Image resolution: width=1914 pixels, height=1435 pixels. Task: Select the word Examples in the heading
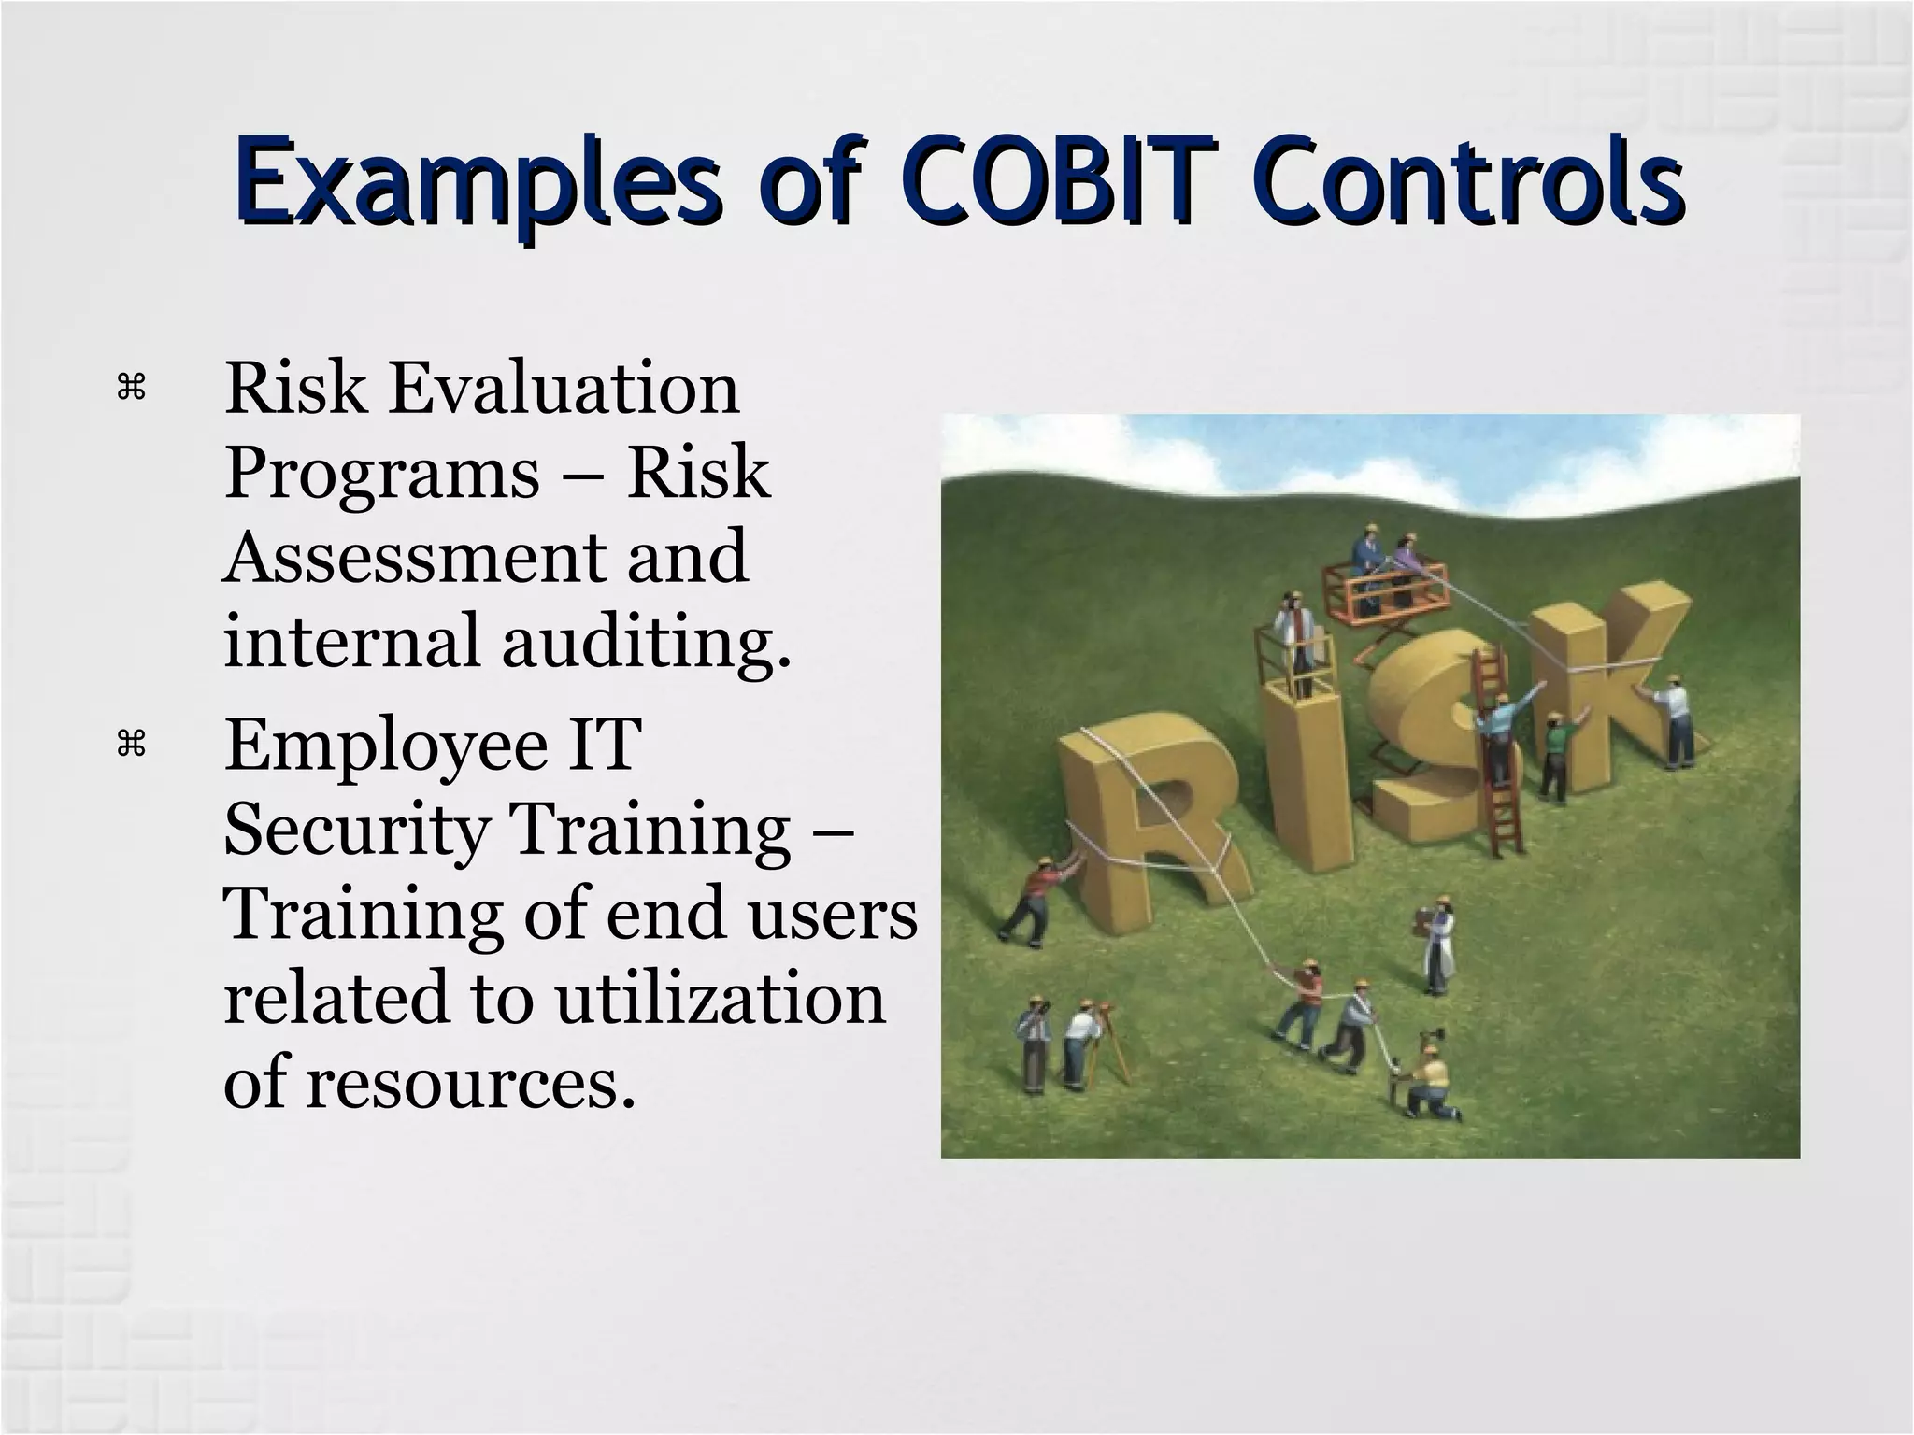[x=477, y=184]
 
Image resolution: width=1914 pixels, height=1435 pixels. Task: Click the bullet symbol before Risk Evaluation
[x=131, y=388]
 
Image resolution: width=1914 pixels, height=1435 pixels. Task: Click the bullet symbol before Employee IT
[x=131, y=745]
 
